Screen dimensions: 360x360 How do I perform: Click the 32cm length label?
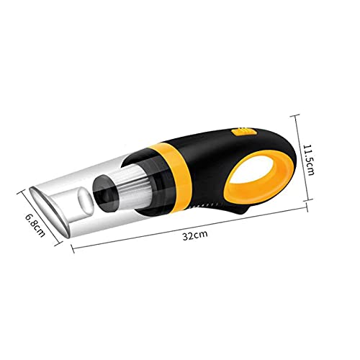195,235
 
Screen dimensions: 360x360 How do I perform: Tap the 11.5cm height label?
308,160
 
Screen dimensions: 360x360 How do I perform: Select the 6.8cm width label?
35,225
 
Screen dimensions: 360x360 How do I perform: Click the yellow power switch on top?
244,132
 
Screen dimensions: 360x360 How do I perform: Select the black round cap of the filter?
103,193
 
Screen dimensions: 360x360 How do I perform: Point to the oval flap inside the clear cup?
86,199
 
